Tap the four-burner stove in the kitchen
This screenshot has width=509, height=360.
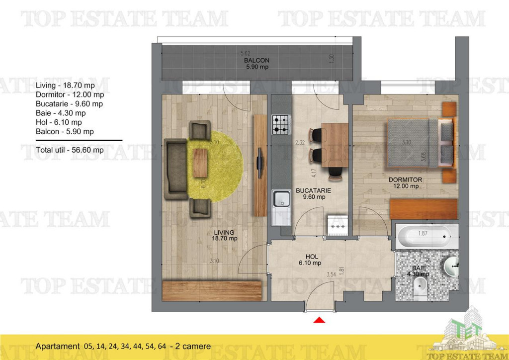(280, 124)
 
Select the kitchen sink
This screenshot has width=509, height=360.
(281, 200)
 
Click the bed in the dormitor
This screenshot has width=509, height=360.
(420, 144)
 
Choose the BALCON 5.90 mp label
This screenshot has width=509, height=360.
(256, 64)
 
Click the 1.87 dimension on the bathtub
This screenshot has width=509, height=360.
(423, 233)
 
